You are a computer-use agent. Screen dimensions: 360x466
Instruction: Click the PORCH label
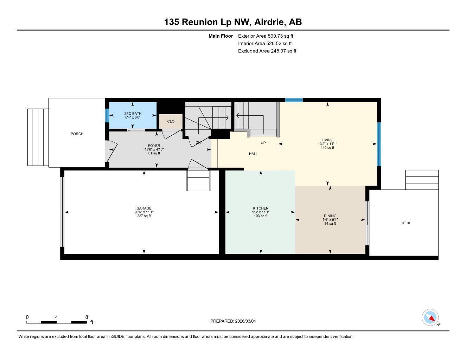77,134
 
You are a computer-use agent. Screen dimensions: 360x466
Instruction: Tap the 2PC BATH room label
133,114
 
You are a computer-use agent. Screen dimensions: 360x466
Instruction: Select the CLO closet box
171,121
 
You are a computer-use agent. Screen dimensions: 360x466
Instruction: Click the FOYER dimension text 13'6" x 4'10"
154,149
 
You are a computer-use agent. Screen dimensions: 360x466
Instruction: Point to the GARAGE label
144,208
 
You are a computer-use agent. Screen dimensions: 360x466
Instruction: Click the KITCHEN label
261,208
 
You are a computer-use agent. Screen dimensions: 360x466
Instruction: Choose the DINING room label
330,216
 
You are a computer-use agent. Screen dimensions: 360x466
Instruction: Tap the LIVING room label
327,140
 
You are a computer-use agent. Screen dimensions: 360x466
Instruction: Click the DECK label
406,223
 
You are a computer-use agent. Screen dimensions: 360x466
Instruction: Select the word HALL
253,154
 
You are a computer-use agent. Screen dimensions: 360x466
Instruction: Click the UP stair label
263,143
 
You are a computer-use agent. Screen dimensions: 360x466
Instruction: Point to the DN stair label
198,143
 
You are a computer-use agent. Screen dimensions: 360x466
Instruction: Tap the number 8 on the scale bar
87,317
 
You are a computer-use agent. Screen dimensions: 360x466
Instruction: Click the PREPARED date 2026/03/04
248,321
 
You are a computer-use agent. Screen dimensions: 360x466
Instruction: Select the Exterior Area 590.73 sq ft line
266,36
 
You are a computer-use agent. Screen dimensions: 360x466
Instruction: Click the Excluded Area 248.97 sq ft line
267,51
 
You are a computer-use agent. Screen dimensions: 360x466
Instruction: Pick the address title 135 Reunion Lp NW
207,22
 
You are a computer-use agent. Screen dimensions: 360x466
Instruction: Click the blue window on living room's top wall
294,100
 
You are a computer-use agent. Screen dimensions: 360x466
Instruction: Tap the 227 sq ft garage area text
144,216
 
